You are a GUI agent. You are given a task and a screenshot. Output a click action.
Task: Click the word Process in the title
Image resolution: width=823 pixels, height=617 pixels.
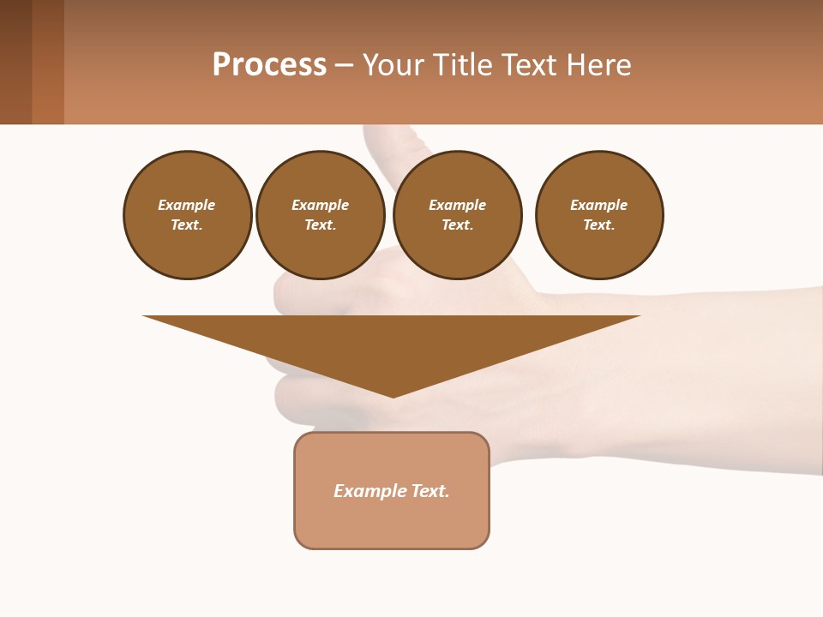point(269,65)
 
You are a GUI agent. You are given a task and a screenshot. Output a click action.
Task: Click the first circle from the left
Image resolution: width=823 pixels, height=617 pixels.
point(188,215)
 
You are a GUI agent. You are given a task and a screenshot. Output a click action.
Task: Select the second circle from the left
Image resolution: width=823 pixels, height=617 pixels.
point(321,215)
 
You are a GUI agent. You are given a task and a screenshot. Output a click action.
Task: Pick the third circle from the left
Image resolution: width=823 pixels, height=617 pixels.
point(458,215)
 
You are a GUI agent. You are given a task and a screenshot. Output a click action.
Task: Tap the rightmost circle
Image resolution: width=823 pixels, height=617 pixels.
point(599,215)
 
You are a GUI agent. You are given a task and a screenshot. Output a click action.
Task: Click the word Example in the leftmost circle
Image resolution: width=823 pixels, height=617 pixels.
point(187,205)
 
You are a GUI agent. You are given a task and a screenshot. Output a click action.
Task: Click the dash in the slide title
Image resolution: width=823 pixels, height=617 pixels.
point(345,66)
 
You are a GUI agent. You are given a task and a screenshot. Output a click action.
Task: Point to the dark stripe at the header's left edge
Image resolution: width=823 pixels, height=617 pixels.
point(15,62)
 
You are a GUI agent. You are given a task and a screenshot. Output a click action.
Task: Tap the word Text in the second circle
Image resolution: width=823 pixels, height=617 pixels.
point(319,225)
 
